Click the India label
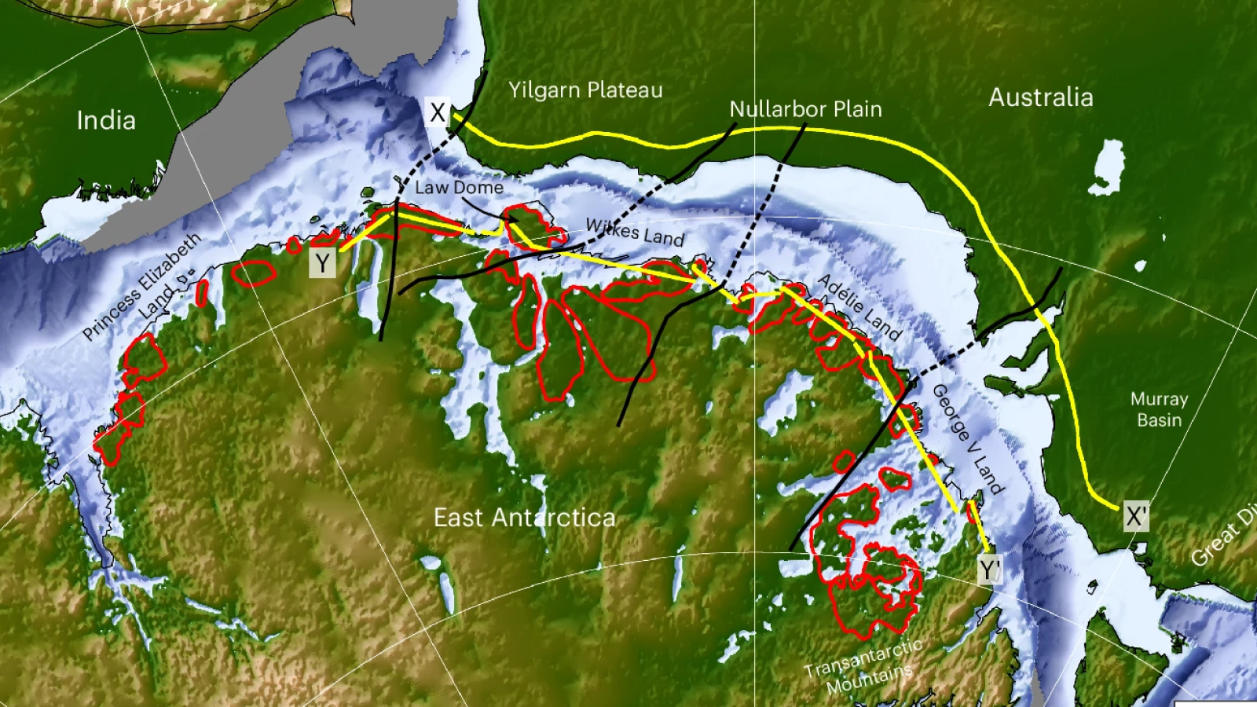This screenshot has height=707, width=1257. (x=106, y=120)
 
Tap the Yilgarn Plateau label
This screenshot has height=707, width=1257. (x=585, y=90)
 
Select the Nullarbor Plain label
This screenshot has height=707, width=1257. (x=805, y=109)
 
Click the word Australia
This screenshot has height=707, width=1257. (x=1040, y=97)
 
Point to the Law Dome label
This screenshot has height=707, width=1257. (x=459, y=188)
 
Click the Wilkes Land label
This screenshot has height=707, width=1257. (x=635, y=232)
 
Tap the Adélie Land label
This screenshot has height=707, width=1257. (x=859, y=306)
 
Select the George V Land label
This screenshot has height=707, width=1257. (x=967, y=438)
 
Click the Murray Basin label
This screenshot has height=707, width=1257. (x=1159, y=409)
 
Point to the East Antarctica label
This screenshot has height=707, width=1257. (x=524, y=518)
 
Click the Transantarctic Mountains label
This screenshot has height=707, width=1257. (x=865, y=667)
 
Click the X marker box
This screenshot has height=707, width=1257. (x=438, y=112)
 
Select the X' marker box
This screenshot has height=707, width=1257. (x=1136, y=516)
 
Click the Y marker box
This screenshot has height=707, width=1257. (x=322, y=263)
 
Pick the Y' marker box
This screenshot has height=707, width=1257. (x=990, y=570)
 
